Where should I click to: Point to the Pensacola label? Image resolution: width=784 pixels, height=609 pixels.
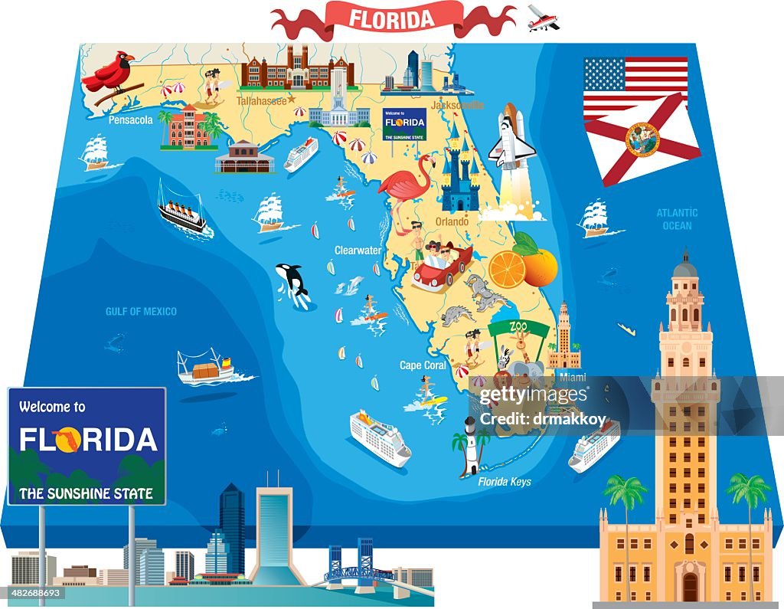coord(130,120)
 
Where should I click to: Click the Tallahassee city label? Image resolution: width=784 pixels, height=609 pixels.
coord(261,100)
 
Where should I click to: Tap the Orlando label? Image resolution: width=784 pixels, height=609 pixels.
coord(452,221)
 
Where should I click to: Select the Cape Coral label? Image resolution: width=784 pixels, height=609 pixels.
coord(423,365)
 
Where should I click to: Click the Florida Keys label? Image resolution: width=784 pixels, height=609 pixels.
coord(505,482)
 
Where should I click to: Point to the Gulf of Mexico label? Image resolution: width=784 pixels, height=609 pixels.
coord(141,311)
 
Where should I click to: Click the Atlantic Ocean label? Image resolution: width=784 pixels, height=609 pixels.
coord(677,219)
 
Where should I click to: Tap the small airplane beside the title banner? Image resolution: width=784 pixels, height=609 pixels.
coord(543,18)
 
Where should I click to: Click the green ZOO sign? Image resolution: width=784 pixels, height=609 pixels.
coord(518,328)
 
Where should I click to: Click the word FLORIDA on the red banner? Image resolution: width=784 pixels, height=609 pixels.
coord(393,18)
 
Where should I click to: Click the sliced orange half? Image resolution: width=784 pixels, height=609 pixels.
coord(506,270)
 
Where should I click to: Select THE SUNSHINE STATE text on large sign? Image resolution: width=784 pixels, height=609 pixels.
coord(86,493)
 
